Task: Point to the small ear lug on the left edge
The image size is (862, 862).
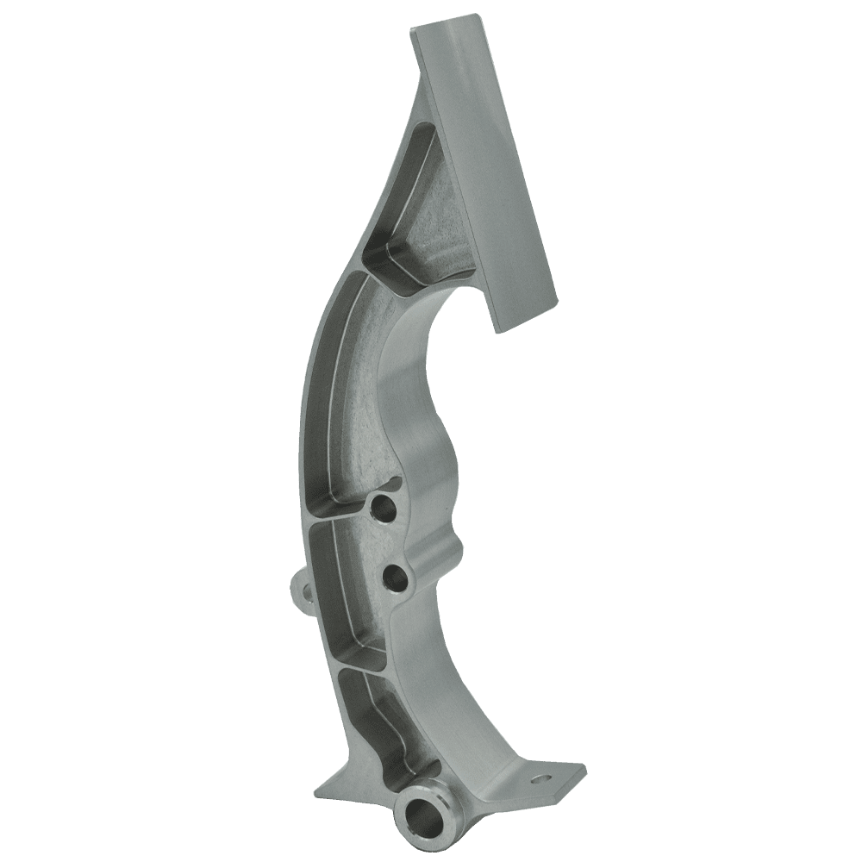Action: (303, 590)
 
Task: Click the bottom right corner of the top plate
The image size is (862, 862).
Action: (498, 328)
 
